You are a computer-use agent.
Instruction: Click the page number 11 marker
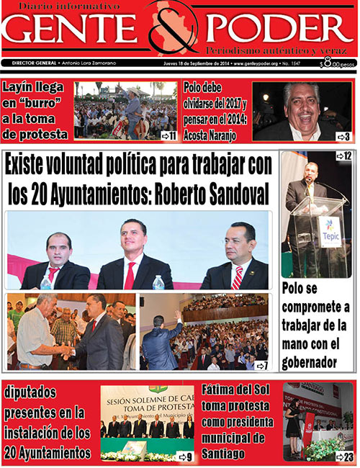point(169,135)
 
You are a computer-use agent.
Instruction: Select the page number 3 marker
point(343,136)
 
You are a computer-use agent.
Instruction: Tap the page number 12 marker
point(343,156)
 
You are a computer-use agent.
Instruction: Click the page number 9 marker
point(185,456)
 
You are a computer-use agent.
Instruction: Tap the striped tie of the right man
point(237,278)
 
